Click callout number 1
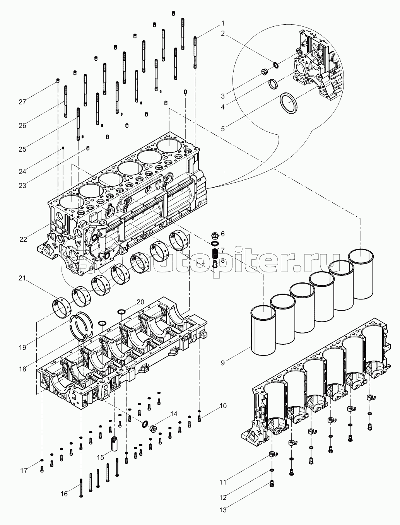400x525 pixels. [223, 23]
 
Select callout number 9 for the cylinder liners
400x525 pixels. [223, 363]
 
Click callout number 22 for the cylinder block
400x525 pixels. [23, 239]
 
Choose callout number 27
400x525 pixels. [22, 102]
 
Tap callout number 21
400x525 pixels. [22, 279]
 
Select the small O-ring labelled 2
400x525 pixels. [275, 65]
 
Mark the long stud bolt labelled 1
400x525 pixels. [195, 51]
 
